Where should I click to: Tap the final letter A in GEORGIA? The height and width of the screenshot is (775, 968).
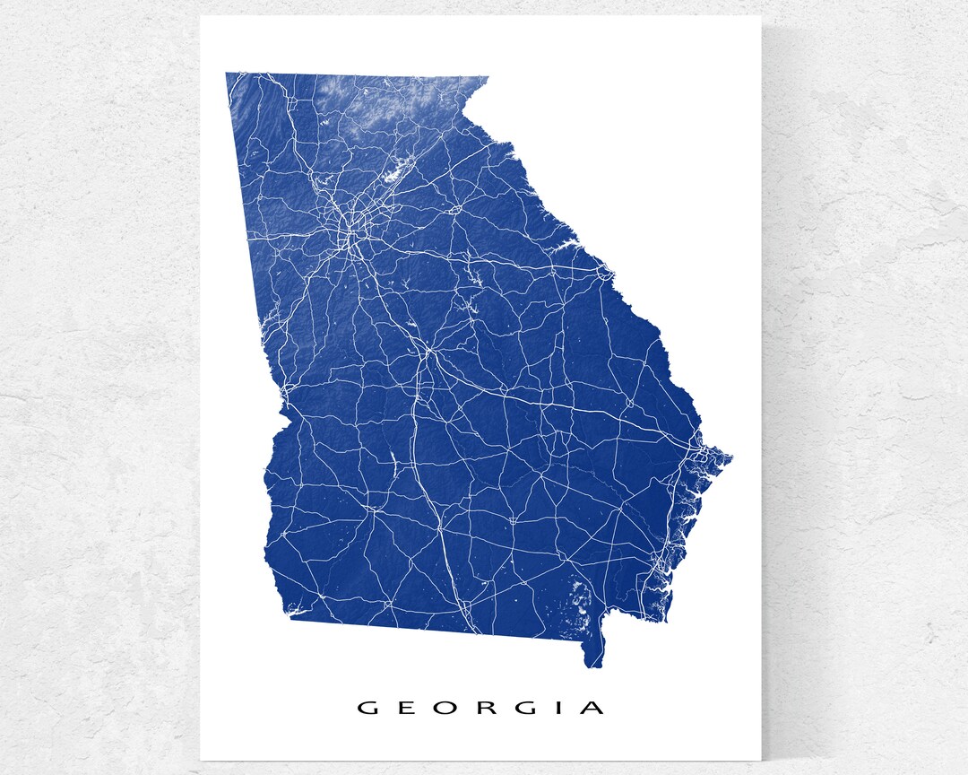[x=592, y=708]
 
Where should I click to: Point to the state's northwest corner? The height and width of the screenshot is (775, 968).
[x=227, y=74]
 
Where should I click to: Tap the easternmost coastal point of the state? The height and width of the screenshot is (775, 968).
[x=730, y=458]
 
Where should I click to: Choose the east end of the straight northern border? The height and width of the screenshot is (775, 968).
[x=487, y=77]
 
